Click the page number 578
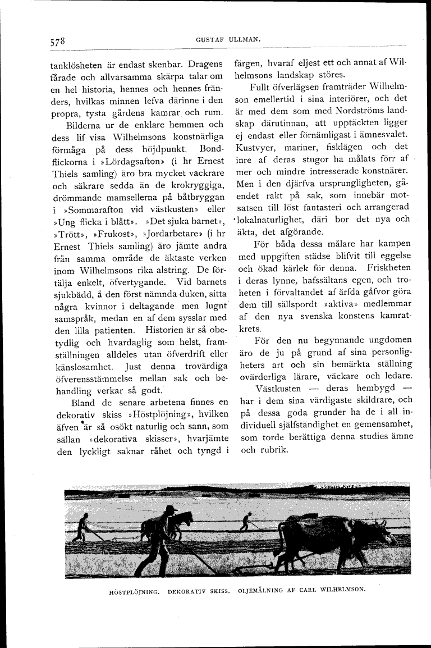click(x=58, y=42)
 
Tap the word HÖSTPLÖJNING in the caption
click(x=131, y=591)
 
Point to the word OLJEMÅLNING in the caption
click(x=260, y=591)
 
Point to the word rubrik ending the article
click(x=276, y=449)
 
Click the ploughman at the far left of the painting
click(x=83, y=530)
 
